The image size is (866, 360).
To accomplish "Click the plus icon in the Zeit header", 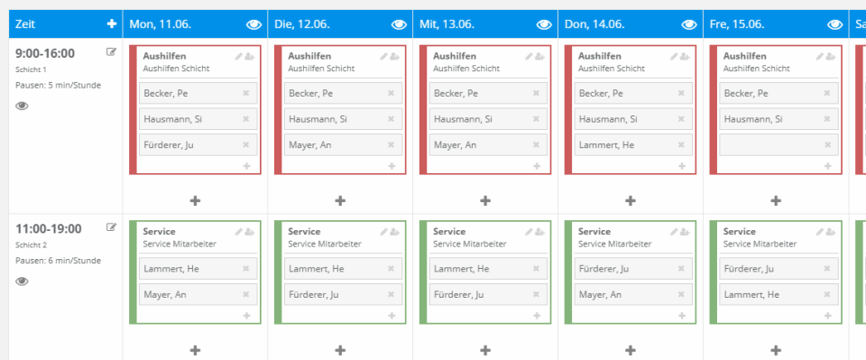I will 111,24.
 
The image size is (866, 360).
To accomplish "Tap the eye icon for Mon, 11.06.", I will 253,24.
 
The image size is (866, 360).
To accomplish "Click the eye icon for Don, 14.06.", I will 688,24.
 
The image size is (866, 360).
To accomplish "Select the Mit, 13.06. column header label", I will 447,24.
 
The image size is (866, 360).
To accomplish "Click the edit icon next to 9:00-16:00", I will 112,52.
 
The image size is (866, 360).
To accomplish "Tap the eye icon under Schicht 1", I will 23,106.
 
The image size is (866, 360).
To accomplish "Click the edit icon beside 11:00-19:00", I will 112,227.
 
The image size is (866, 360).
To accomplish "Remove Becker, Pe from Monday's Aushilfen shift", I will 245,93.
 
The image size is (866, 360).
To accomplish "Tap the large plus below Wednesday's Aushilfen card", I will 485,200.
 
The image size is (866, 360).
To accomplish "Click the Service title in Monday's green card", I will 159,232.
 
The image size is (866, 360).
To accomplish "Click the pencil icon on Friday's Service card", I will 818,232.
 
